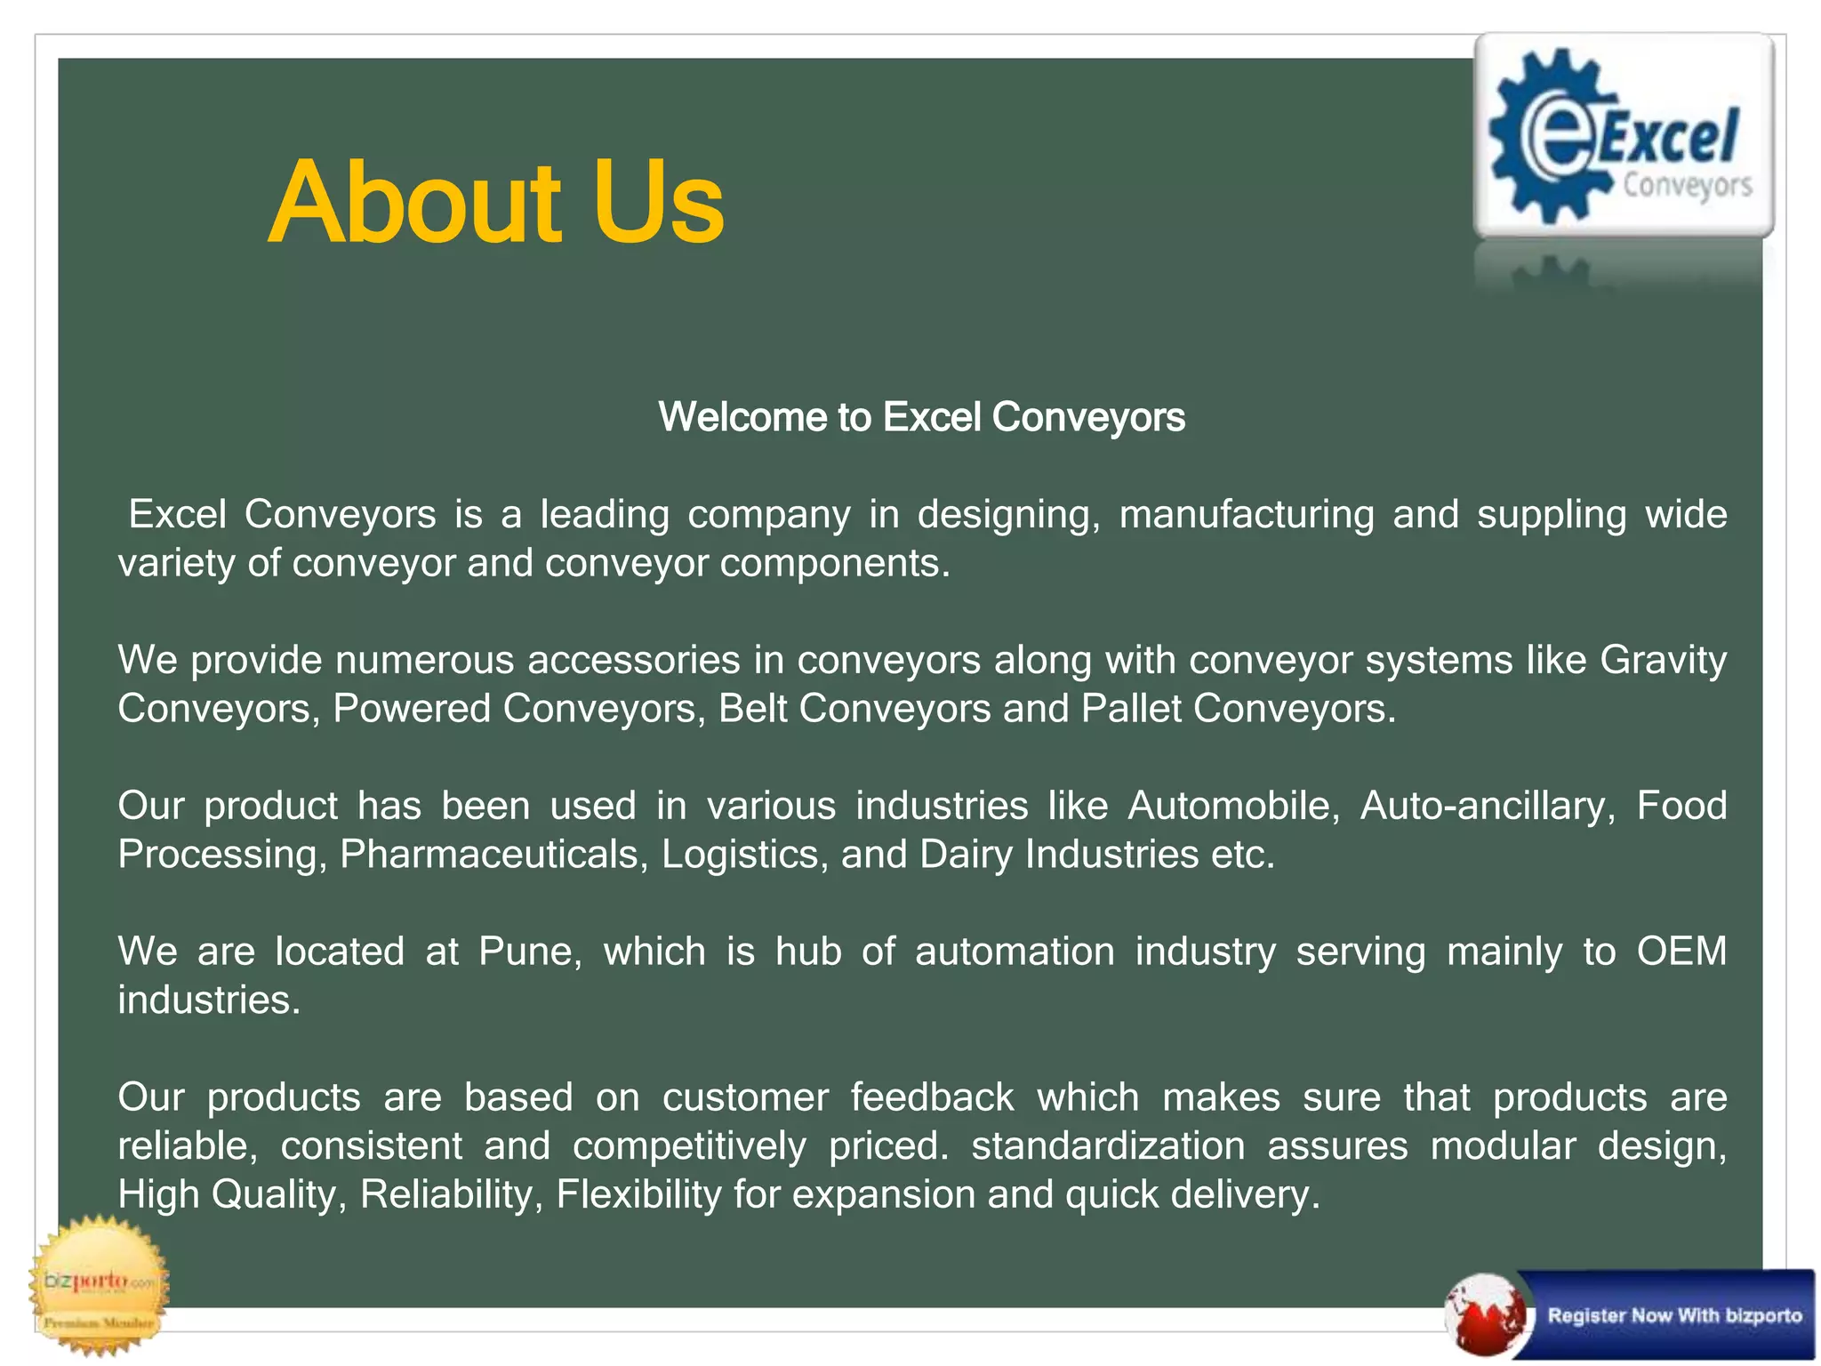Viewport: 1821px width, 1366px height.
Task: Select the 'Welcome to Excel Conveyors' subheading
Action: tap(921, 417)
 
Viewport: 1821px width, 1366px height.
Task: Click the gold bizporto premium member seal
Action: tap(99, 1285)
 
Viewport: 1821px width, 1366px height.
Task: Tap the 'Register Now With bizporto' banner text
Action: tap(1674, 1315)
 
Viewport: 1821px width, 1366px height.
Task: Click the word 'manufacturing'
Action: tap(1246, 515)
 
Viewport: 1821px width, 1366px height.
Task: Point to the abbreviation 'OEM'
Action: tap(1681, 952)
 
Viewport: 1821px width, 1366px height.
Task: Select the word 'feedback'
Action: tap(932, 1097)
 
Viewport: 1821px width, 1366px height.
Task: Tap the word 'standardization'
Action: tap(1108, 1145)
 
